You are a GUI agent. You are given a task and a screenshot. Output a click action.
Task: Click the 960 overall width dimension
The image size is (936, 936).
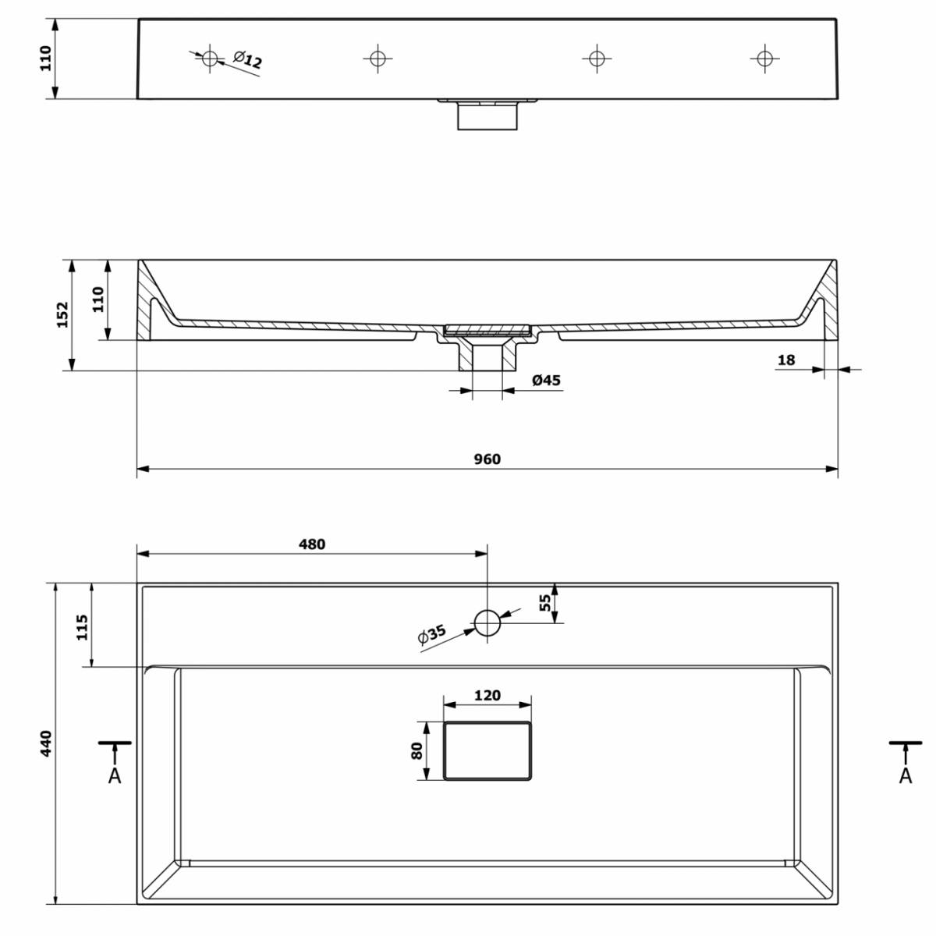[487, 459]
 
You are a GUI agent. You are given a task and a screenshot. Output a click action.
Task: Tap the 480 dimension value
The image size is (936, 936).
[312, 544]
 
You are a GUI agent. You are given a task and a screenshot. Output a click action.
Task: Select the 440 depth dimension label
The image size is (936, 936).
[46, 743]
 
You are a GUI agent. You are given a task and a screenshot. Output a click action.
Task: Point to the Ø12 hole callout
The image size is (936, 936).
[247, 59]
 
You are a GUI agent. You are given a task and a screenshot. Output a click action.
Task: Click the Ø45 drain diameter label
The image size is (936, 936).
[546, 380]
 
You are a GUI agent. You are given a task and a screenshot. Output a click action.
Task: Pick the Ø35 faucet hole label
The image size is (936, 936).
[431, 634]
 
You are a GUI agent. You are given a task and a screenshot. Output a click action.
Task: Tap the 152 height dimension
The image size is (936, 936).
[62, 315]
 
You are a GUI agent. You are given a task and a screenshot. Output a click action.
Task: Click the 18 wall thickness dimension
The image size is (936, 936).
[786, 360]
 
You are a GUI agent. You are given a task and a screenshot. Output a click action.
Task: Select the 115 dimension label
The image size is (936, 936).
[83, 627]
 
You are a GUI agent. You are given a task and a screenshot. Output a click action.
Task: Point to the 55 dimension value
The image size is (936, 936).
[545, 603]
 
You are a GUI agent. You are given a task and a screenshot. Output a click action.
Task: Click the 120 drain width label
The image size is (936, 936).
[487, 695]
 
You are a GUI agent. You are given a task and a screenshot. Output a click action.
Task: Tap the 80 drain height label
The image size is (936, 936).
[417, 751]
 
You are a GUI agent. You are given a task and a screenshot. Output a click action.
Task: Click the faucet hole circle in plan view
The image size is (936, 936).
[487, 622]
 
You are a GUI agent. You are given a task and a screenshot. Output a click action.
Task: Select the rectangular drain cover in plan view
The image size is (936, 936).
[487, 751]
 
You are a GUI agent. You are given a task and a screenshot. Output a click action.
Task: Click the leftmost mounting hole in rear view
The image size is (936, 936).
[210, 58]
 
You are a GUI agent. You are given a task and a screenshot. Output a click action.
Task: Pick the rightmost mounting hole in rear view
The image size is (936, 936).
[764, 58]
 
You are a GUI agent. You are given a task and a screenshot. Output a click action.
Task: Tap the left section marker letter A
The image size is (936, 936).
[115, 775]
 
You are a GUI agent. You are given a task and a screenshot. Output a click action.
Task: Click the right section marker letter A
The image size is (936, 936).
[906, 775]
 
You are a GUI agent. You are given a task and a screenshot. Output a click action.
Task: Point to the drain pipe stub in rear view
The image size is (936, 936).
[487, 116]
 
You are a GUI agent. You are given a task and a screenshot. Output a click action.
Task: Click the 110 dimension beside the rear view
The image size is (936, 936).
[46, 58]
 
